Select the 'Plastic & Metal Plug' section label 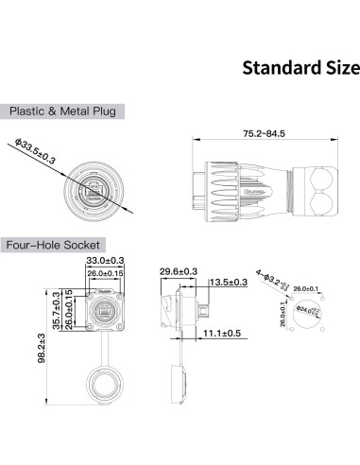62,111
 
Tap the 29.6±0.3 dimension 179,271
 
